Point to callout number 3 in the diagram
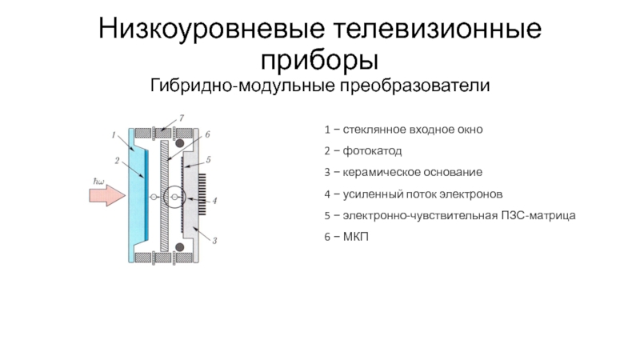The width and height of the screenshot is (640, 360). [x=215, y=240]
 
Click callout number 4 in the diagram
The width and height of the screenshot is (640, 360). [x=214, y=198]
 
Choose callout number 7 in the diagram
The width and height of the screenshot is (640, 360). [x=182, y=118]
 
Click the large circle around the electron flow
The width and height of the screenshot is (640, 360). [x=174, y=197]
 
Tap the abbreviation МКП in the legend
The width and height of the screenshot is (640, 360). [x=353, y=238]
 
